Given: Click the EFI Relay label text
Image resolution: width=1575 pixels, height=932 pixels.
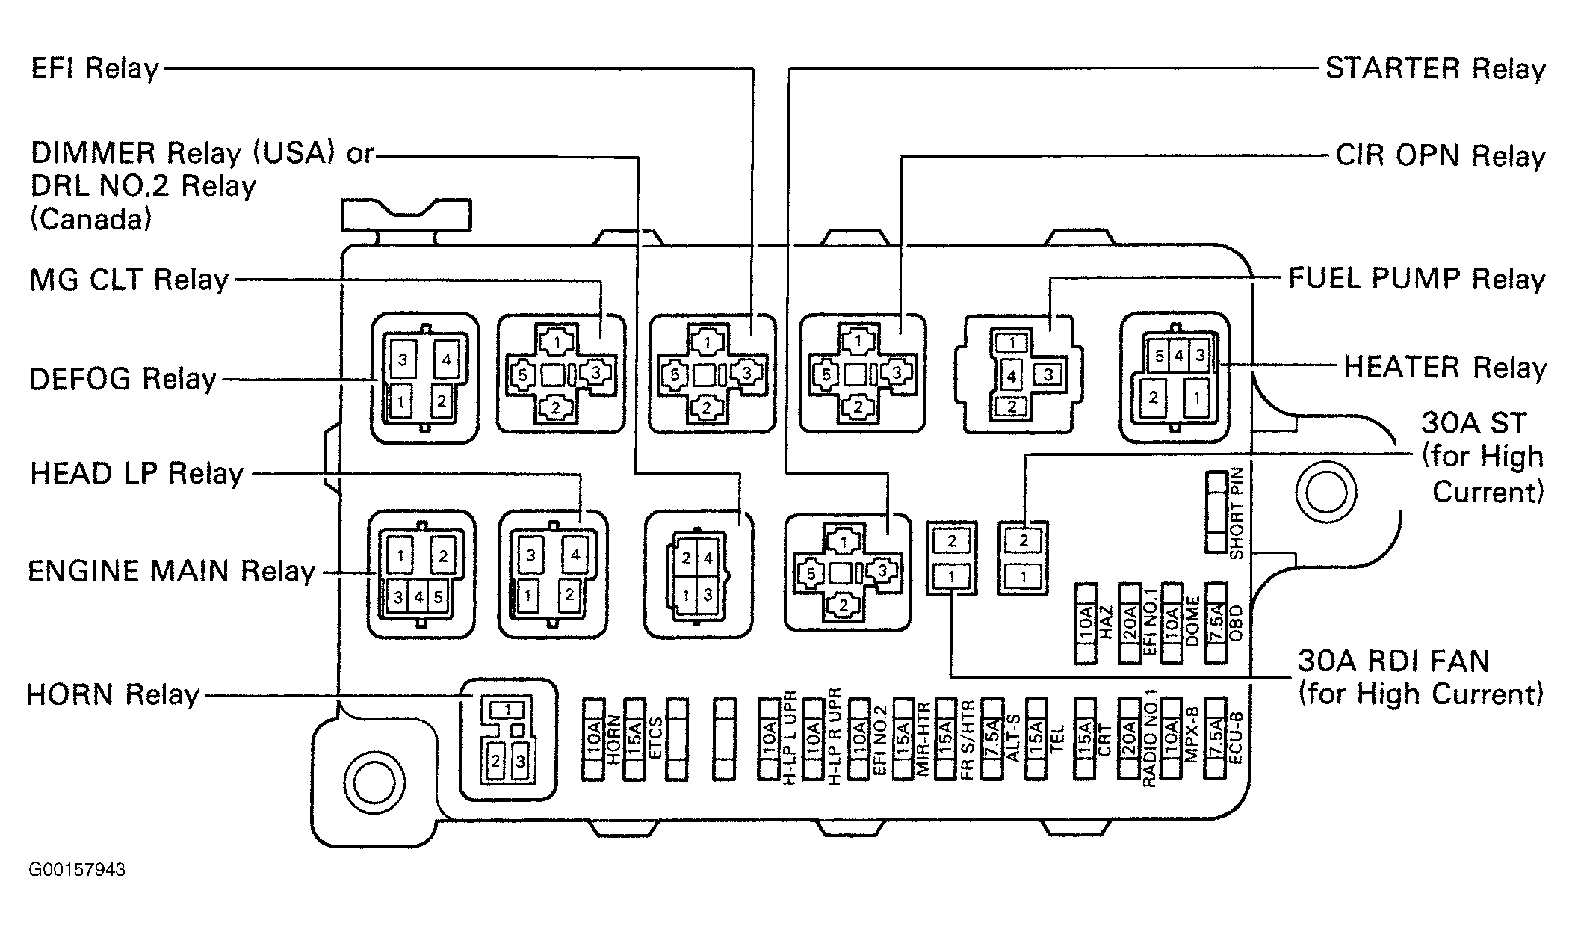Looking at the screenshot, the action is point(95,69).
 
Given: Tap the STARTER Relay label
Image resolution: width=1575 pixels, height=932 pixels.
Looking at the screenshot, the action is point(1435,69).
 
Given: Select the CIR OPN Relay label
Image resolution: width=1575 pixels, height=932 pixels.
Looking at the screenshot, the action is point(1441,156).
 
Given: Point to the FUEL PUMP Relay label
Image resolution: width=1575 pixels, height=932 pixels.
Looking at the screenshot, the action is point(1417,279).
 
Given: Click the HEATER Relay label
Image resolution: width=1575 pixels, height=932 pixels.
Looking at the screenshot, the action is point(1445,368).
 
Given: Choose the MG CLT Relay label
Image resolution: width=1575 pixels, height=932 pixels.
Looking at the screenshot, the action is point(129,280).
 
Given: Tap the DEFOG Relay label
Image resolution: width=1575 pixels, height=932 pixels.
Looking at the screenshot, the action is point(123,379).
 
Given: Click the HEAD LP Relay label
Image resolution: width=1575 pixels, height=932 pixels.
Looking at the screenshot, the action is point(137,474).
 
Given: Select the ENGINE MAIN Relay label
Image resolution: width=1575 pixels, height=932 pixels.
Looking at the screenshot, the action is point(172,572).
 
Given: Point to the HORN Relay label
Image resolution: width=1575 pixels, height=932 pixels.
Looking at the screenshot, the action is point(113,694).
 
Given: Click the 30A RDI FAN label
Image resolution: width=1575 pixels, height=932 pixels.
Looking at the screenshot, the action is point(1394,661).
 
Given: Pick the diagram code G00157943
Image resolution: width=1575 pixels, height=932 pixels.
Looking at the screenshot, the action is point(77,870).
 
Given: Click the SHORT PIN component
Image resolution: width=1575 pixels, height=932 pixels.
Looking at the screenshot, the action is point(1217,512).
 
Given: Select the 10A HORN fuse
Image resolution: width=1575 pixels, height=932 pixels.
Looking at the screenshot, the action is point(593,739).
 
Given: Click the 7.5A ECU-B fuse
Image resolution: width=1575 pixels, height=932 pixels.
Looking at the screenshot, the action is point(1216,739).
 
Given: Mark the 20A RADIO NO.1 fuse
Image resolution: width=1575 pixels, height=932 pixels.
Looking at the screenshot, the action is point(1129,739).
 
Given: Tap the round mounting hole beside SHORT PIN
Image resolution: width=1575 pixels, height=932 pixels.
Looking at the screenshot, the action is point(1326,493).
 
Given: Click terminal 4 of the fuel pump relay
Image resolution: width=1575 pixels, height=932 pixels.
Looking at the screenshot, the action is point(1011,377).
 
